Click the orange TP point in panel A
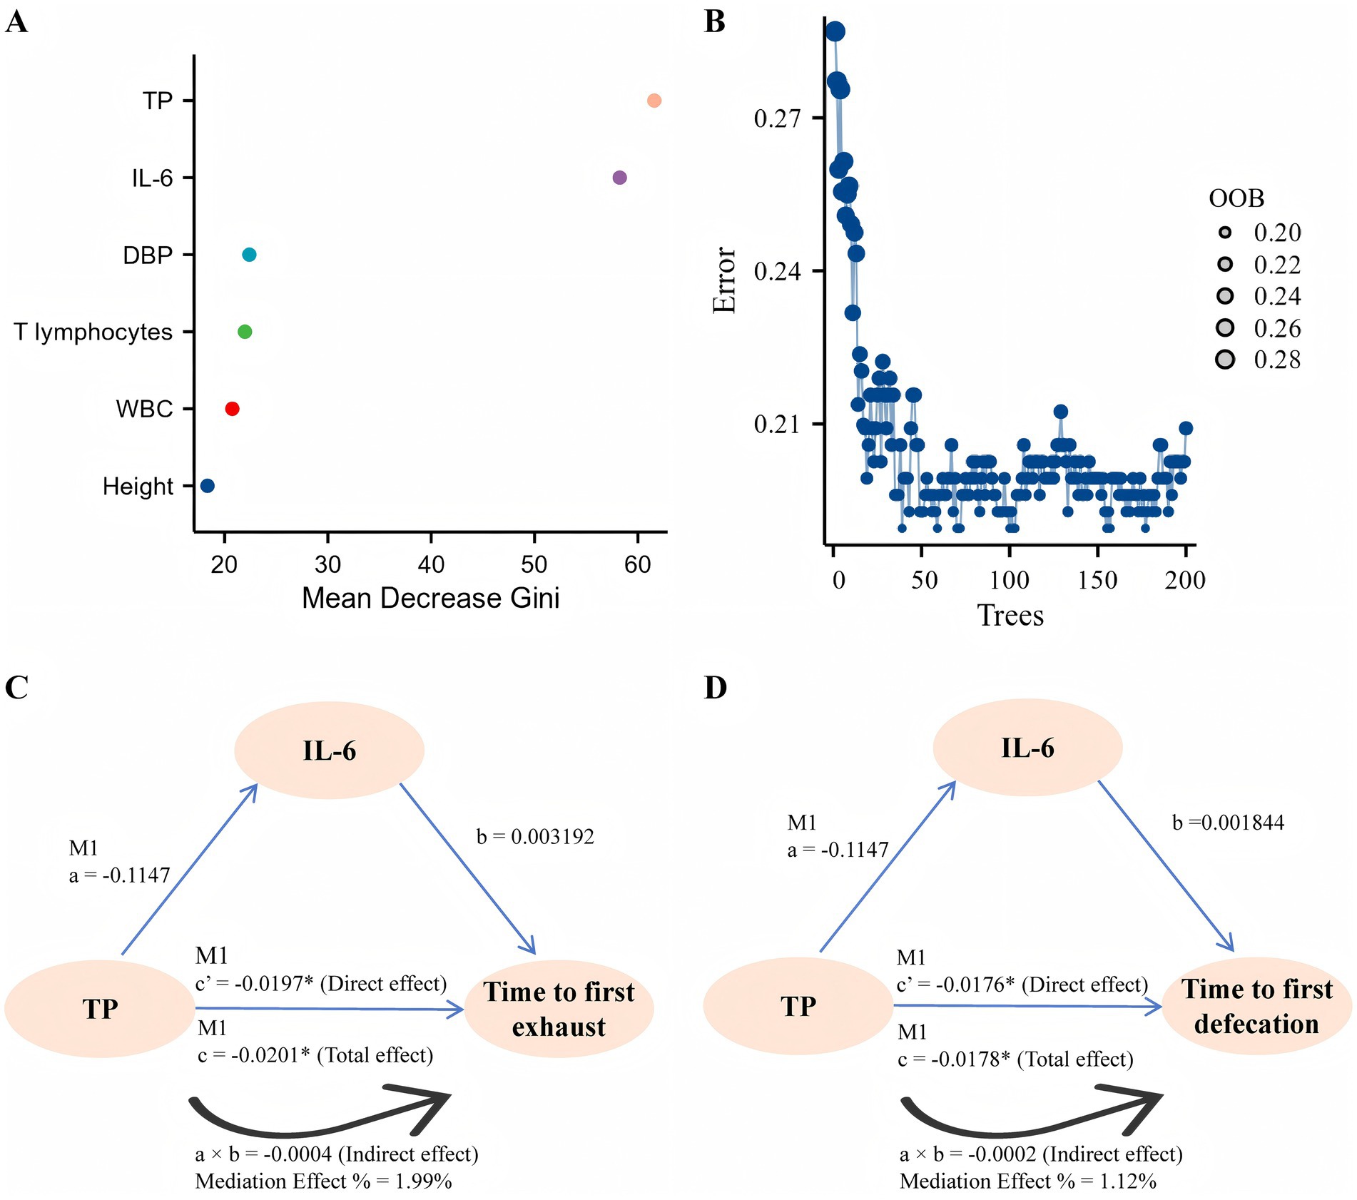(654, 101)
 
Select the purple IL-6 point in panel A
(619, 178)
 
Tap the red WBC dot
(232, 409)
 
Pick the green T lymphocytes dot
(245, 332)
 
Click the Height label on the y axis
(138, 487)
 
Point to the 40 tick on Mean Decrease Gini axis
(431, 565)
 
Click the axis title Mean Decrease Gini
(430, 598)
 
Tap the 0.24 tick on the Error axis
(777, 272)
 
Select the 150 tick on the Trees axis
(1097, 580)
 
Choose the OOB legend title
(1236, 198)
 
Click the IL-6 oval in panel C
(329, 751)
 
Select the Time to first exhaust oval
(559, 1009)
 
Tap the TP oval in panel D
(798, 1006)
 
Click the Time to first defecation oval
(1256, 1006)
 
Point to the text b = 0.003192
(535, 836)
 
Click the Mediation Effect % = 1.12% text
(1027, 1181)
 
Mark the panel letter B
(714, 21)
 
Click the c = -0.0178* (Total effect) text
(1015, 1059)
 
